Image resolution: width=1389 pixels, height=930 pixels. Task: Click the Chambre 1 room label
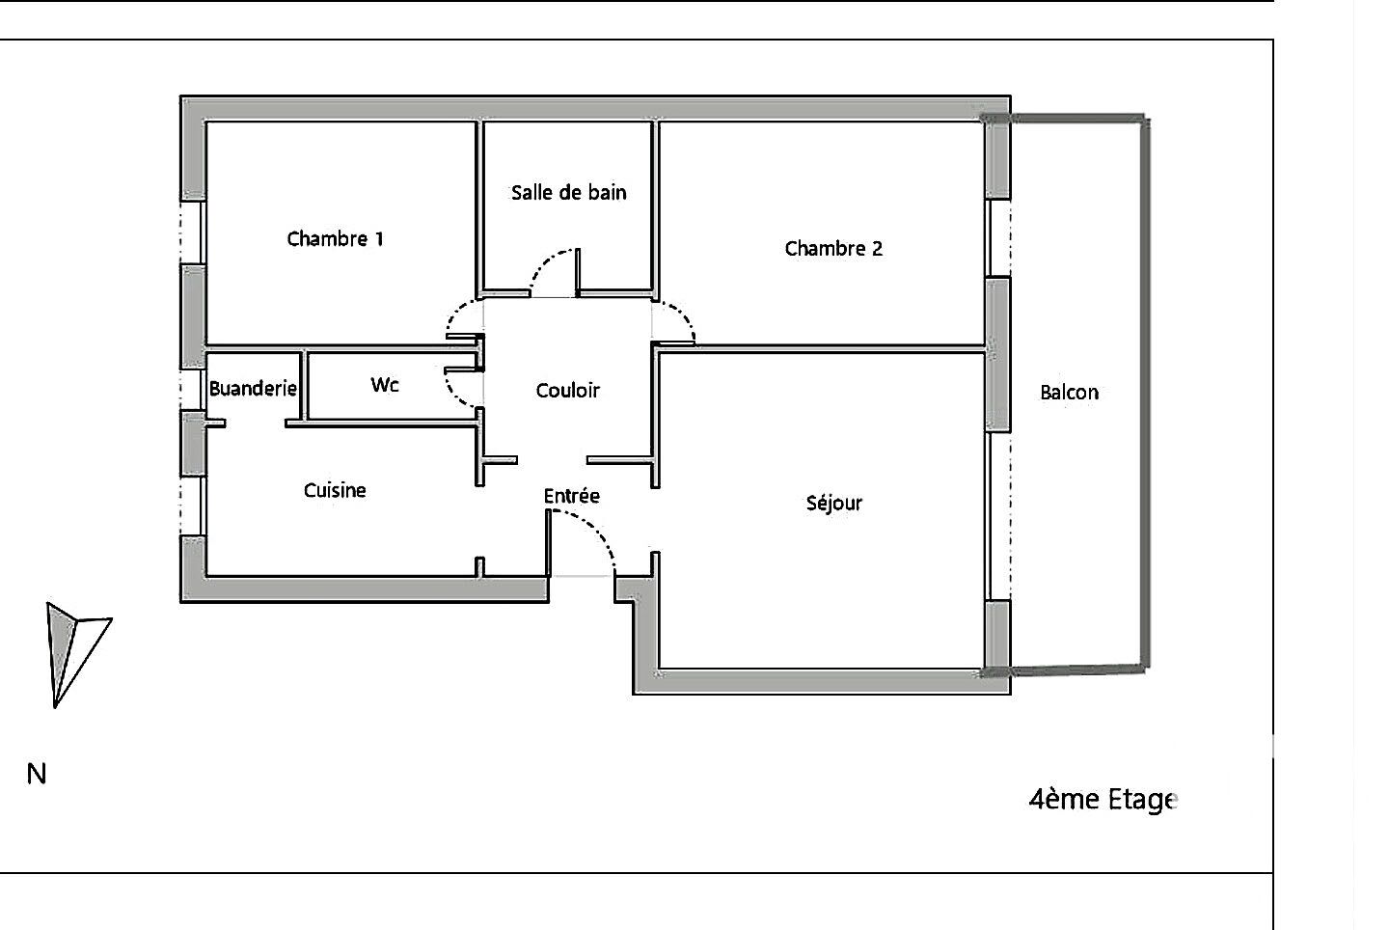(335, 238)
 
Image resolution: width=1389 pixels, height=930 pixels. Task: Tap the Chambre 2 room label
(833, 249)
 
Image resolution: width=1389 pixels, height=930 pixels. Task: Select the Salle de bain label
(568, 193)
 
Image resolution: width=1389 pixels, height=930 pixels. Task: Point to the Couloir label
(567, 391)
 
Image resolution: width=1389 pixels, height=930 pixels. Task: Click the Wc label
(384, 385)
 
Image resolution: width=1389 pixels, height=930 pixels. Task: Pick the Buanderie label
(253, 389)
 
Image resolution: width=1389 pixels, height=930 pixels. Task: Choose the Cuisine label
(335, 491)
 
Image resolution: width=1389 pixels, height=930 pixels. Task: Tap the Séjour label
(833, 504)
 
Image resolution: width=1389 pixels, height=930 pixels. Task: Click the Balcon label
(1069, 393)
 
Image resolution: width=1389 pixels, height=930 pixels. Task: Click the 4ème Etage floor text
(1103, 800)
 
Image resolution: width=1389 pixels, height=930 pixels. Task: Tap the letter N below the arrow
(37, 774)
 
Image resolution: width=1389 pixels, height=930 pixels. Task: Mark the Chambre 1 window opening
(193, 231)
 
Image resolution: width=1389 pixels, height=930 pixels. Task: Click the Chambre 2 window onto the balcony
(999, 237)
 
